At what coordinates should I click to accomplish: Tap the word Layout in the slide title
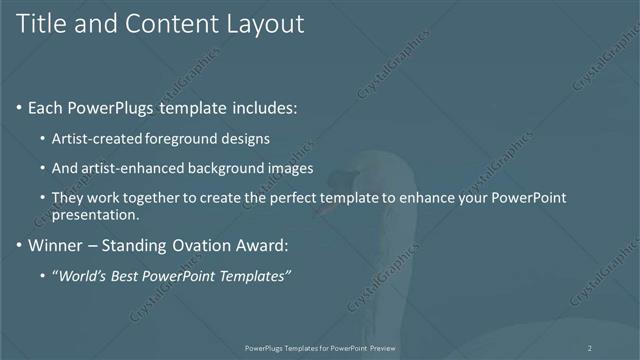click(262, 24)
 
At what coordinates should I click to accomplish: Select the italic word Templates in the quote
click(254, 276)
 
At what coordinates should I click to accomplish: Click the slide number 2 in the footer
click(590, 348)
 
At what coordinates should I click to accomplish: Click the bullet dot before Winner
click(21, 244)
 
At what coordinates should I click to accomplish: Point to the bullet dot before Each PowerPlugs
click(21, 107)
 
